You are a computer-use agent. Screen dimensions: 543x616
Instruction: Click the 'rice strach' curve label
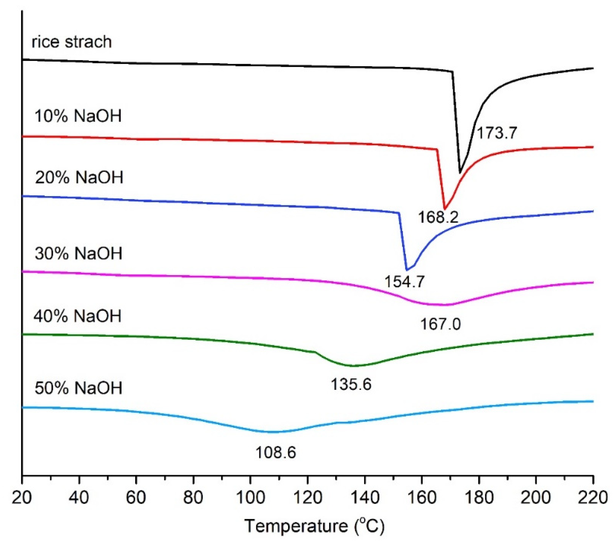click(71, 41)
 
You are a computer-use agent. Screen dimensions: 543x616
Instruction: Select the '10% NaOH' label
click(78, 116)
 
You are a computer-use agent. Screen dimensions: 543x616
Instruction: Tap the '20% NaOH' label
click(79, 177)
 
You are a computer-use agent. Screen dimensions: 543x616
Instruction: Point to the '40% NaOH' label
click(78, 316)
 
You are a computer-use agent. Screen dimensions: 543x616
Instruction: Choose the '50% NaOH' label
click(78, 388)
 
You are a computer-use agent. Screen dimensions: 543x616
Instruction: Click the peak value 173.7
click(497, 133)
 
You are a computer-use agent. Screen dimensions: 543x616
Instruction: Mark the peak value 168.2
click(438, 217)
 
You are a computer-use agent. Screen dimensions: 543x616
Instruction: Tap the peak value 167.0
click(440, 324)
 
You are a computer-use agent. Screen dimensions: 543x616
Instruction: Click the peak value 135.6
click(351, 384)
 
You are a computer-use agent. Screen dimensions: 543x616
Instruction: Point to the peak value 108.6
click(276, 452)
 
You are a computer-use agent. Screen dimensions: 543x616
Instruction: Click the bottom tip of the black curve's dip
click(460, 173)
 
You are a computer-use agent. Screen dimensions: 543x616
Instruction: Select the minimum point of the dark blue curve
click(407, 270)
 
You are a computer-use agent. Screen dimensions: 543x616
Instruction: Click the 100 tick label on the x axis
click(250, 498)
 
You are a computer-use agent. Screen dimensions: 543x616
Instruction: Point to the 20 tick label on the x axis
click(22, 498)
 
